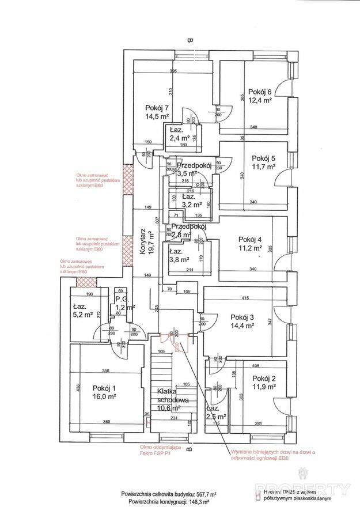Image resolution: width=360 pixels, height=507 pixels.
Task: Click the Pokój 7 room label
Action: [x=157, y=107]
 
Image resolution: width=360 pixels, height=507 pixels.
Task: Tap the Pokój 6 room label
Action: [x=260, y=91]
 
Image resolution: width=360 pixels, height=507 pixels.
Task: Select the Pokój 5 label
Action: [x=264, y=158]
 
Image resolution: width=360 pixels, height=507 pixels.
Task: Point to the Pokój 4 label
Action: [x=250, y=240]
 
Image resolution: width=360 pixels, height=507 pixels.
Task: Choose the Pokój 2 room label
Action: [x=264, y=378]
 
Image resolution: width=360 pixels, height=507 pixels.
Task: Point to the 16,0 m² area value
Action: [x=104, y=397]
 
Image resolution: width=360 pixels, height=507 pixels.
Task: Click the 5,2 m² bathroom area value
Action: [x=83, y=315]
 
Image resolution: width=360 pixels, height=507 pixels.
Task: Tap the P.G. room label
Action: [x=122, y=300]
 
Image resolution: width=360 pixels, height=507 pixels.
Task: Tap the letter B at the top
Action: [x=189, y=40]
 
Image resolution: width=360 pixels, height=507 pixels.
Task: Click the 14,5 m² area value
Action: [x=157, y=116]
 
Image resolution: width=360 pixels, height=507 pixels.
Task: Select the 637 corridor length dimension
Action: [x=156, y=219]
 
